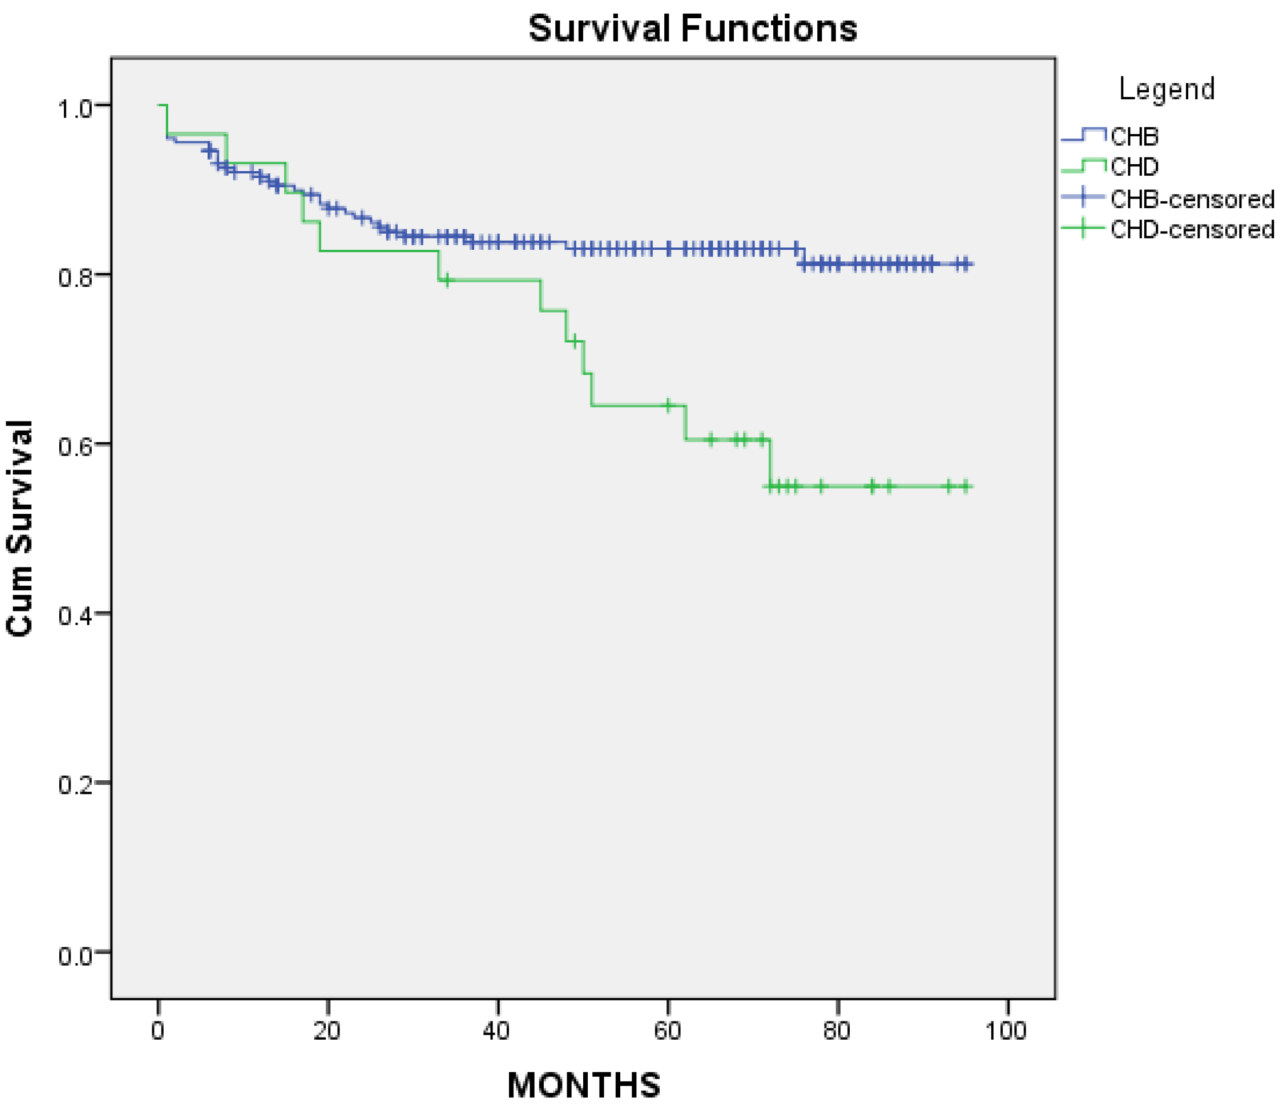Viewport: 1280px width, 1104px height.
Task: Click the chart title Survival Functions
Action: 693,28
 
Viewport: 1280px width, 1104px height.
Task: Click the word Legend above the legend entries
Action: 1166,89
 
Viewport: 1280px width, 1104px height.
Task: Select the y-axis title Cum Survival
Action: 19,528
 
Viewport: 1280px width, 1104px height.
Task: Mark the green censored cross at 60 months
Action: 668,405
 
